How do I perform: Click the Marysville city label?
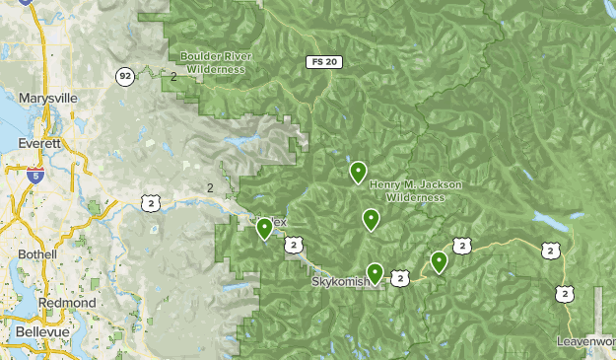coord(46,98)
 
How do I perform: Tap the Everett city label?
coord(39,143)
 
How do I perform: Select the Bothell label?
coord(37,253)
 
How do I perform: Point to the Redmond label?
coord(67,302)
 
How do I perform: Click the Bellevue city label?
coord(41,332)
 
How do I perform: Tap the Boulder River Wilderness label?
coord(214,62)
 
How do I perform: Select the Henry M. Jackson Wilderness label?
coord(415,190)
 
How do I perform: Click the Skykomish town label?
coord(340,281)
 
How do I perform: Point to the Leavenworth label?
coord(585,341)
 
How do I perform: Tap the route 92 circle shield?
coord(124,75)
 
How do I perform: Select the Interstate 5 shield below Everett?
coord(35,177)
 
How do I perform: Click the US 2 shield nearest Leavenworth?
coord(564,293)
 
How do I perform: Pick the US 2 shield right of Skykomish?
coord(399,279)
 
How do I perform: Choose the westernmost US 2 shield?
coord(150,202)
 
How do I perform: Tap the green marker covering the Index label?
coord(264,228)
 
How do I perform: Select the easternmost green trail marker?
coord(439,260)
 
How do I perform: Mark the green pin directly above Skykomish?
coord(375,272)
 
